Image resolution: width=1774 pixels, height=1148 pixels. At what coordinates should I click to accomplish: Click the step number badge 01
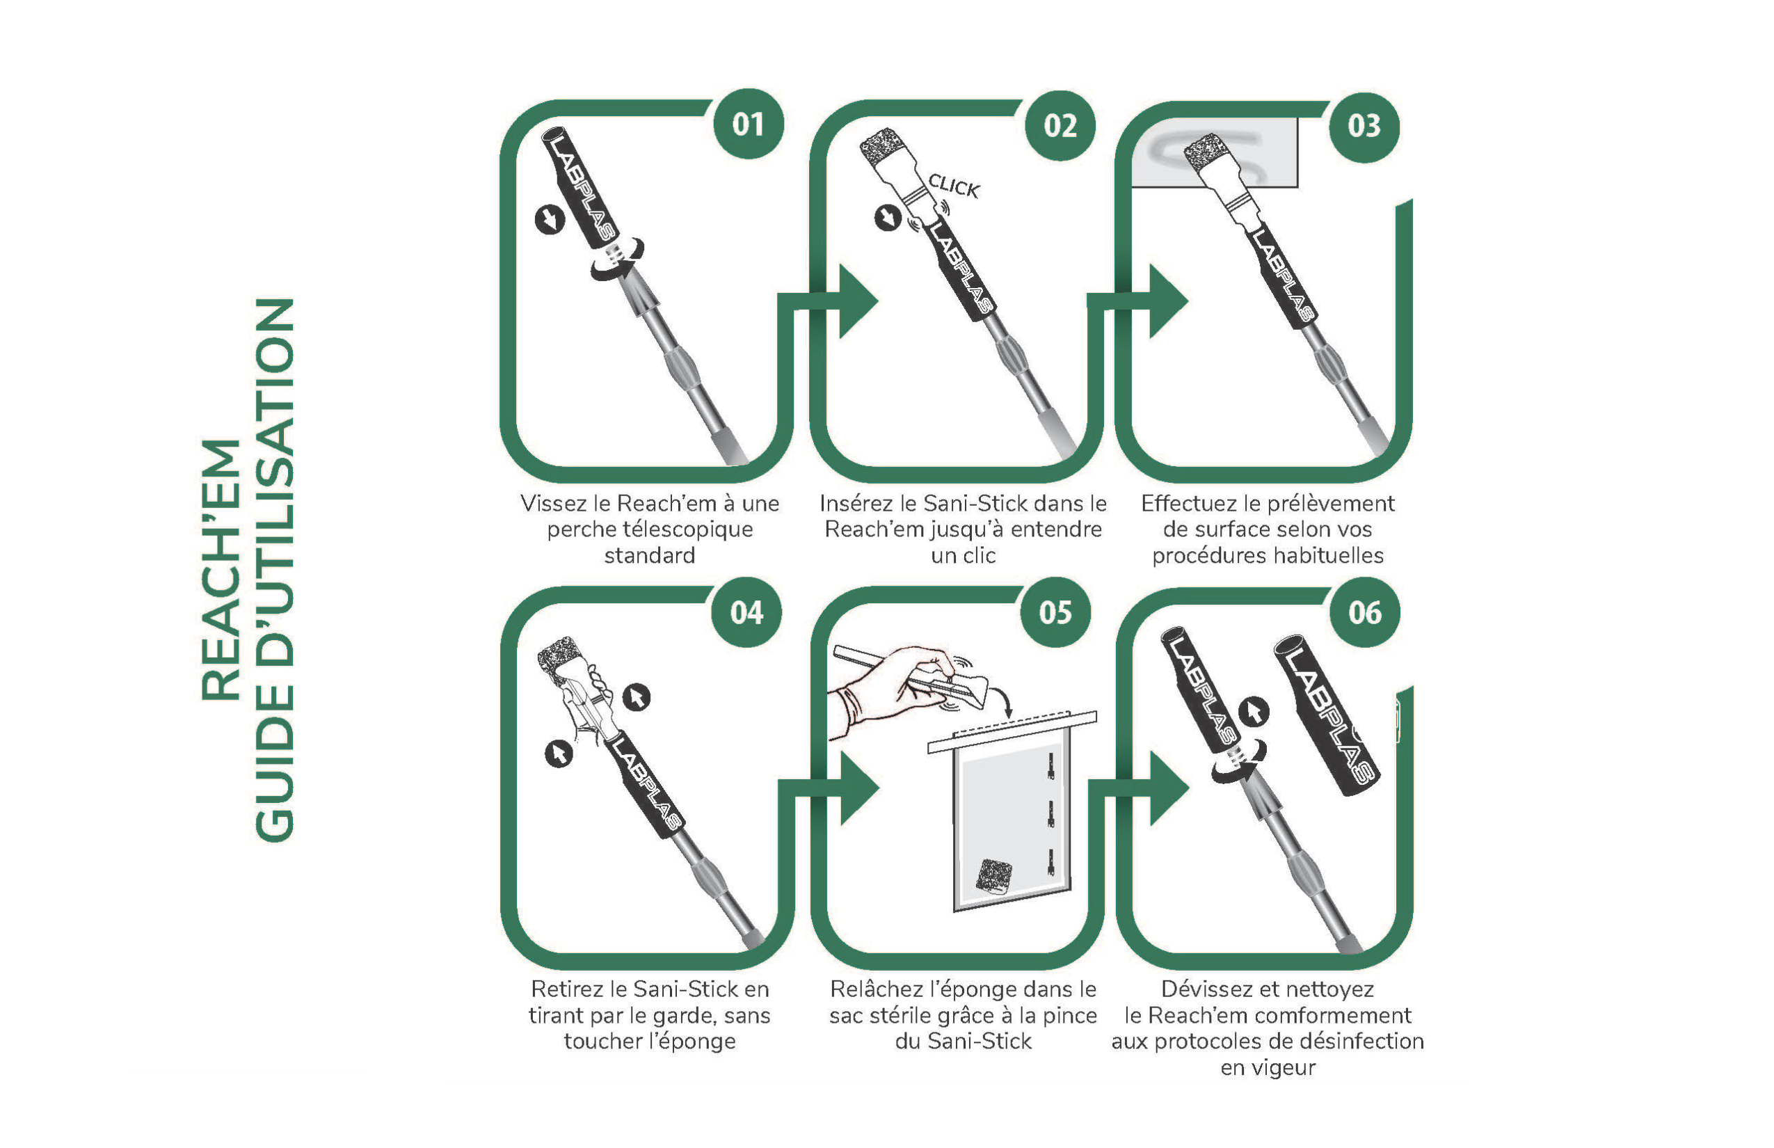coord(749,124)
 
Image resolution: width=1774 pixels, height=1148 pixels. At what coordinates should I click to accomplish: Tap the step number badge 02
coord(1060,125)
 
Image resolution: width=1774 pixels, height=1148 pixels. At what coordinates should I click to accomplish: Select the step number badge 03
coord(1364,127)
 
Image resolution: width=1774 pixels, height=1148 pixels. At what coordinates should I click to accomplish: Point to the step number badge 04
coord(746,613)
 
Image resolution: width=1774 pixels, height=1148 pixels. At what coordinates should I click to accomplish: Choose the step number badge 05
coord(1055,612)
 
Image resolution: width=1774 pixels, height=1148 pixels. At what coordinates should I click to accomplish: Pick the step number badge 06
coord(1365,613)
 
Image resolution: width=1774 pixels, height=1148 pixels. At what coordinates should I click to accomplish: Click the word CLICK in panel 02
coord(953,186)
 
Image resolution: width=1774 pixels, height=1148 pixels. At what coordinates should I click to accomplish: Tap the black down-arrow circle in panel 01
coord(550,220)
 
